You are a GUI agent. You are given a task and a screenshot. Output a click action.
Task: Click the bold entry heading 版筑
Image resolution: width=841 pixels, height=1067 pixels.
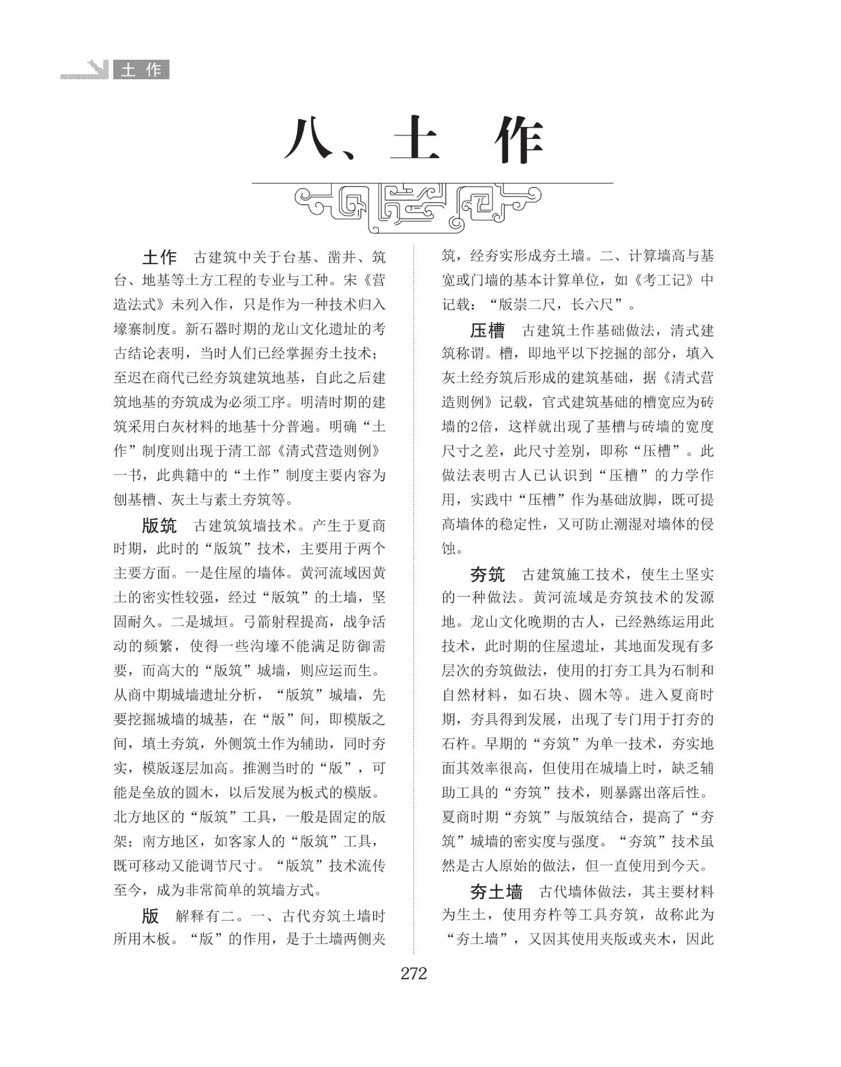159,526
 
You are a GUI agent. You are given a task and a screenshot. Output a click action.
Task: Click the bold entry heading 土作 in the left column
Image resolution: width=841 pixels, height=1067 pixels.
159,257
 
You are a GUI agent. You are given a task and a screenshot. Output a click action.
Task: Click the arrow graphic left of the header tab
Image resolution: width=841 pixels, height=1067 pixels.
98,69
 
